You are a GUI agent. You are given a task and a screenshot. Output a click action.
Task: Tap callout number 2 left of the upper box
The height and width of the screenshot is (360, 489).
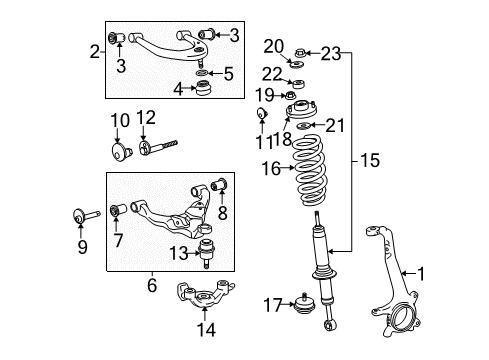point(94,52)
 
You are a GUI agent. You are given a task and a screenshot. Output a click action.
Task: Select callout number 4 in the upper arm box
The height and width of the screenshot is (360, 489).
point(179,90)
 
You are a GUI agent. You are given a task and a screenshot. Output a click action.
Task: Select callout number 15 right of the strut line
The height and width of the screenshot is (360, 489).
point(370,159)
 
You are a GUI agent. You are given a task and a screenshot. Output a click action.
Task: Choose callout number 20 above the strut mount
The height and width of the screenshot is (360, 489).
point(275,45)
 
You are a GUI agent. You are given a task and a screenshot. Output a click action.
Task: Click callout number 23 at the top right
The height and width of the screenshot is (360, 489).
point(331,52)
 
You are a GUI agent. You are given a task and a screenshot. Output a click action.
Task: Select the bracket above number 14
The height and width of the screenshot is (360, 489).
point(207,298)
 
